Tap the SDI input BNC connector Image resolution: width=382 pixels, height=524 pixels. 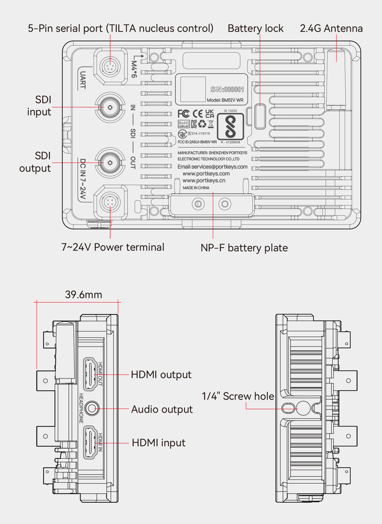click(110, 107)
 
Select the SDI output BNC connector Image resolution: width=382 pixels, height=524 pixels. click(110, 163)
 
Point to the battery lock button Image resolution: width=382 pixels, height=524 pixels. click(260, 116)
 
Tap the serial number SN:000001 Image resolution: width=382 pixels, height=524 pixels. click(227, 90)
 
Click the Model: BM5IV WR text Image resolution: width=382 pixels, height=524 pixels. click(225, 100)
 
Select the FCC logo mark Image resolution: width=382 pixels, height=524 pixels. click(184, 114)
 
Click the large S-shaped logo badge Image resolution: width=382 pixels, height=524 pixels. click(230, 126)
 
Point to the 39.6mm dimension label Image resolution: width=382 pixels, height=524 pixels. click(83, 295)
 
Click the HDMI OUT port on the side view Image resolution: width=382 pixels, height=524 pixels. click(90, 374)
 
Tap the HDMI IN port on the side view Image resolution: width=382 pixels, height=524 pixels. click(90, 443)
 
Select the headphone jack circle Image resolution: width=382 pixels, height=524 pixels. click(92, 408)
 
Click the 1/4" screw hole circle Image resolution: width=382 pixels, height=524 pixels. click(303, 408)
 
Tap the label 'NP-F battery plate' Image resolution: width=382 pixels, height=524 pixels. click(244, 248)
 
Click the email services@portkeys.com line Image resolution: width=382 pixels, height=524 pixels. click(212, 167)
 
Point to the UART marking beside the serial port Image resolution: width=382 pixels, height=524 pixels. click(83, 80)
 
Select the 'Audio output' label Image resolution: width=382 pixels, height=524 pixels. click(162, 409)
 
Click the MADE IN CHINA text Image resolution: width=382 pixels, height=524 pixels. click(196, 188)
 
